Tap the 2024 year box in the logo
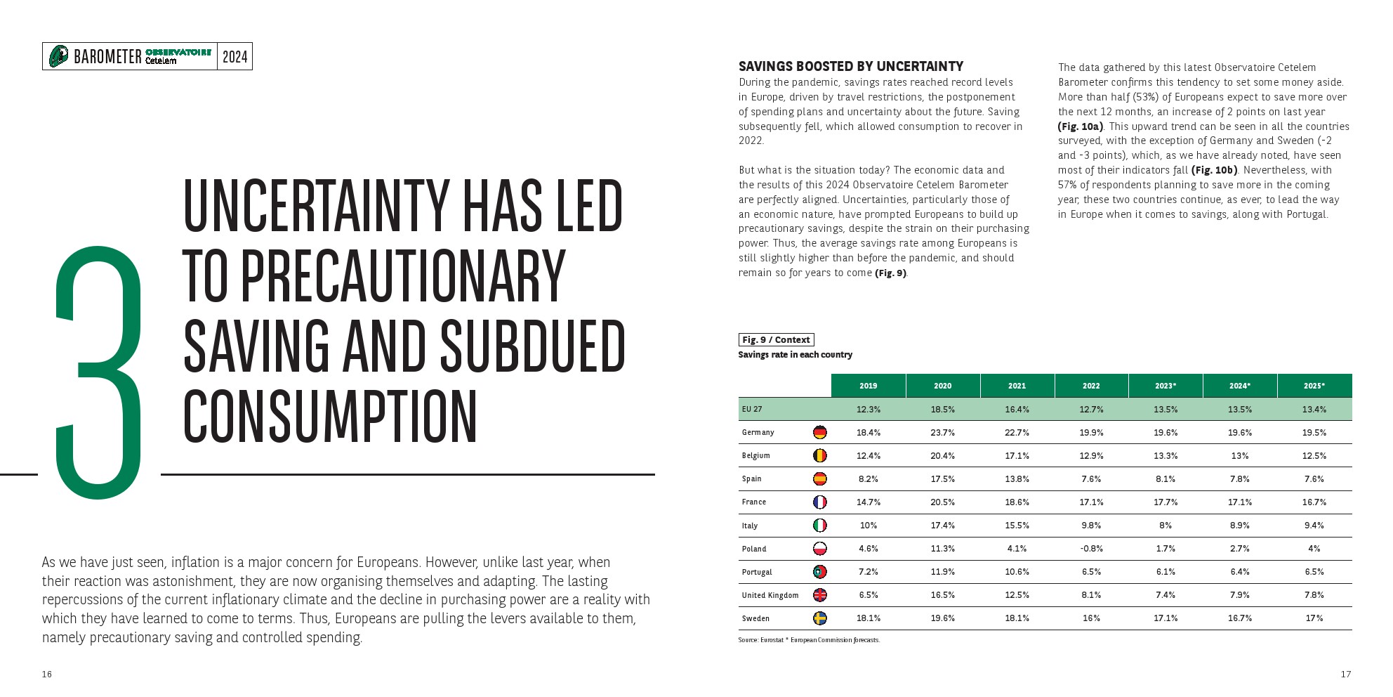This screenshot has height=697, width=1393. [235, 57]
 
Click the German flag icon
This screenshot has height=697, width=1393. [819, 432]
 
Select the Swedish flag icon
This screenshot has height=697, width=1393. [819, 618]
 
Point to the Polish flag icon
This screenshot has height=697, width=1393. [819, 549]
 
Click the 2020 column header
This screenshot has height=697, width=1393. [942, 386]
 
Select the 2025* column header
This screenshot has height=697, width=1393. [1314, 386]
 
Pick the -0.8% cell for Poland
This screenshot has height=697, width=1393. [1091, 549]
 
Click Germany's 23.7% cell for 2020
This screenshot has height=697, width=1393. [942, 433]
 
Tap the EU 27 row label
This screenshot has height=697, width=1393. [752, 409]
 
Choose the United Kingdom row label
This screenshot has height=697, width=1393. [770, 595]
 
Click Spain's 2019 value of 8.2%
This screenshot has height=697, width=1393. [868, 479]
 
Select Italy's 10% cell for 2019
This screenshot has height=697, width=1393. [868, 526]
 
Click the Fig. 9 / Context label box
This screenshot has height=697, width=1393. [776, 339]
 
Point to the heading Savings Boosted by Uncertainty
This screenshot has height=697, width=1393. [850, 67]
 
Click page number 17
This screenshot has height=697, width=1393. [1345, 674]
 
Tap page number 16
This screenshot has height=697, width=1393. [47, 674]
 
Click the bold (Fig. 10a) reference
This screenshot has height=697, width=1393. [1080, 126]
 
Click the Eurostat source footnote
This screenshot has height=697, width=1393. [809, 640]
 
